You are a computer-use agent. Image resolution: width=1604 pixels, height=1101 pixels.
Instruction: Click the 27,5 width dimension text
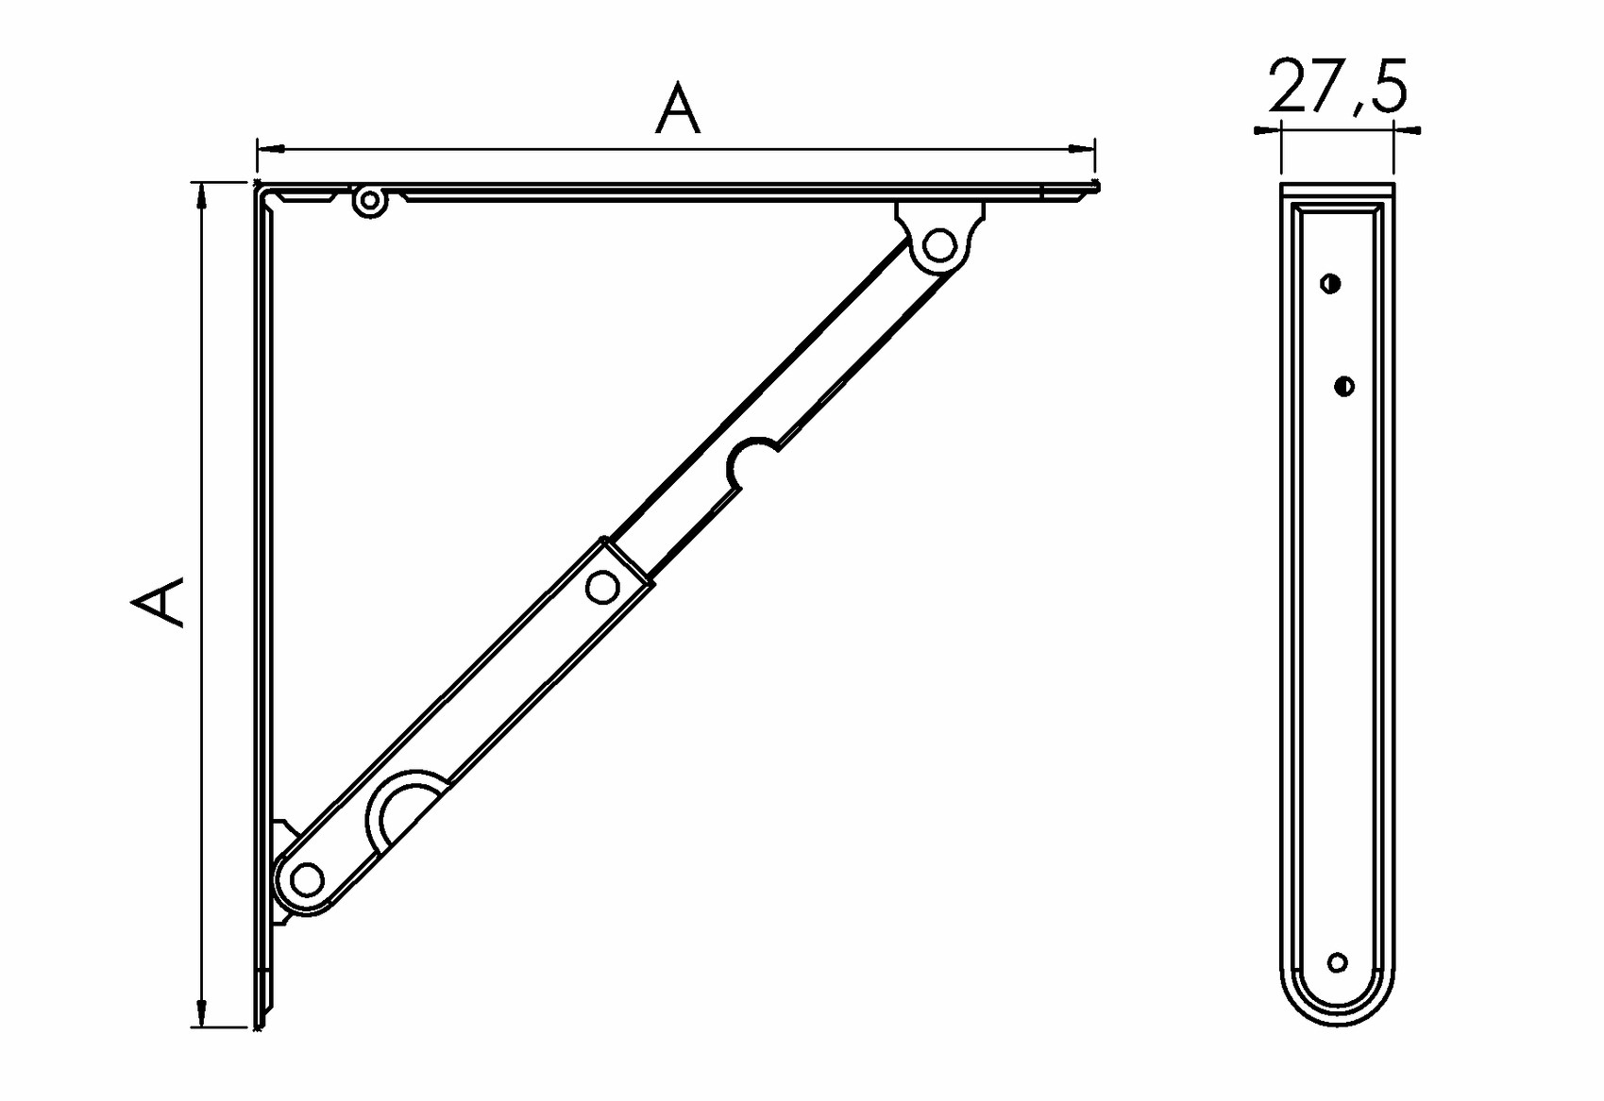pos(1337,87)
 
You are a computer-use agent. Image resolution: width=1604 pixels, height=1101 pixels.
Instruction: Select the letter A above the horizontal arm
pos(678,108)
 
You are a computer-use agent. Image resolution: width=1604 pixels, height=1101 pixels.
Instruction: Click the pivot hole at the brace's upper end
pos(938,245)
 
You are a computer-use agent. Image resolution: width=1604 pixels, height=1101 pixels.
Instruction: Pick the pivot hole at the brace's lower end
pos(308,878)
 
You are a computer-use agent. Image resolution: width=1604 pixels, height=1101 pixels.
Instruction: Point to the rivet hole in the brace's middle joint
pos(602,588)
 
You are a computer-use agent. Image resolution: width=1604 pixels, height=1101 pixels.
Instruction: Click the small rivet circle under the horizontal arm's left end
pos(369,201)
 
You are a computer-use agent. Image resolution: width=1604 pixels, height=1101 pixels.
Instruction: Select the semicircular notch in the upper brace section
pos(751,463)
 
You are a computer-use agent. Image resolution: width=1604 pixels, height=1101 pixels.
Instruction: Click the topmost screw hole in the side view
pos(1330,284)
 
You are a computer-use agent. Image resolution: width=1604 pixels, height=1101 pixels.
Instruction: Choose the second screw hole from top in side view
pos(1344,387)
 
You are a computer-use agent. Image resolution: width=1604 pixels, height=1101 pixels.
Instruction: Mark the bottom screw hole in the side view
pos(1337,962)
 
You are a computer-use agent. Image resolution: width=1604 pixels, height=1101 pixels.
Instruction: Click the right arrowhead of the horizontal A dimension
pos(1081,149)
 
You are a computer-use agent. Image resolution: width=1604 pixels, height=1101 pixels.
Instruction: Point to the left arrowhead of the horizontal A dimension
pos(271,149)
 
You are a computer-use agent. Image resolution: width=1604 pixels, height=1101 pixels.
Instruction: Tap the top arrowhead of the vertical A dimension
pos(202,196)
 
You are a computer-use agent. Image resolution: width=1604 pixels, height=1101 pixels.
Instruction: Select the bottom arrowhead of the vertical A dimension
pos(202,1013)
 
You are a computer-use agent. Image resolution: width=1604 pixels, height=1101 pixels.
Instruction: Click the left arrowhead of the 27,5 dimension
pos(1267,130)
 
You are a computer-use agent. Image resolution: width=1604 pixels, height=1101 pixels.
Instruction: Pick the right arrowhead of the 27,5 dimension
pos(1408,130)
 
